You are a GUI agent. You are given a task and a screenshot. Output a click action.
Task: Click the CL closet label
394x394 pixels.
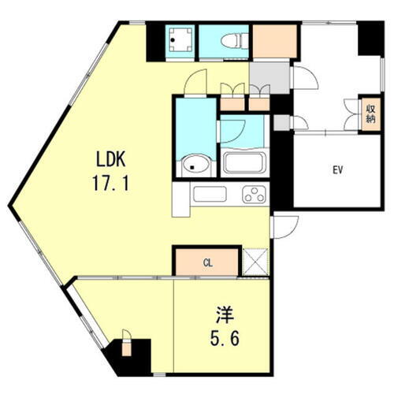[x=206, y=262]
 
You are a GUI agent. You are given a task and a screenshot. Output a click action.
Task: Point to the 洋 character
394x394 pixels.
[x=222, y=314]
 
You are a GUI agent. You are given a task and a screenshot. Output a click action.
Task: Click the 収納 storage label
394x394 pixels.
[x=370, y=112]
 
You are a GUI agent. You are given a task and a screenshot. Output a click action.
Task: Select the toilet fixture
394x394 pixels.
[x=234, y=40]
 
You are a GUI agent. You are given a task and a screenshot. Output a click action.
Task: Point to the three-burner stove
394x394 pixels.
[x=255, y=194]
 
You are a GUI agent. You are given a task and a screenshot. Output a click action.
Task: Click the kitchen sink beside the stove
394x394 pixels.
[x=209, y=194]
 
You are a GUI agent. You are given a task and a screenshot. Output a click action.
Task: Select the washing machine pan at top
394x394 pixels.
[x=180, y=40]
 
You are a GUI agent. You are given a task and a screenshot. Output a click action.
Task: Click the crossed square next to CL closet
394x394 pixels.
[x=255, y=261]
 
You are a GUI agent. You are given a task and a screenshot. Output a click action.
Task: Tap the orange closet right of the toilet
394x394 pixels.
[x=275, y=41]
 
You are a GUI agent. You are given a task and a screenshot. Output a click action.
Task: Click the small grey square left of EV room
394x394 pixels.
[x=281, y=122]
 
